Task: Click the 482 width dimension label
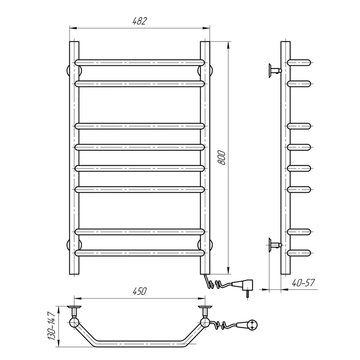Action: point(139,21)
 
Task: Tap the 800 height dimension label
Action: point(221,157)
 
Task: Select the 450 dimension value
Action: point(139,291)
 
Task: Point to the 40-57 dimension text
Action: point(303,283)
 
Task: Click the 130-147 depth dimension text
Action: point(51,326)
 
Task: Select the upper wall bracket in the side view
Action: point(275,71)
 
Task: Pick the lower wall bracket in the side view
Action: point(275,245)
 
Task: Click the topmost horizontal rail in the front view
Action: point(139,63)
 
